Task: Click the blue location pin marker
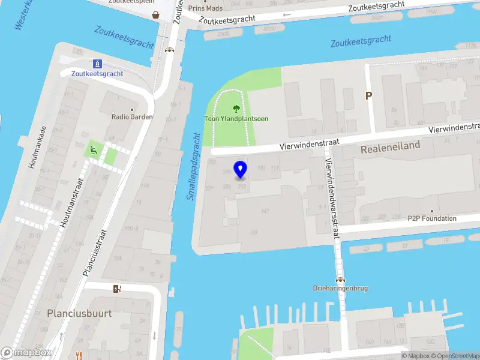click(241, 169)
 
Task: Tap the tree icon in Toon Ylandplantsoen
click(236, 109)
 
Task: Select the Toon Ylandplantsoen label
click(236, 119)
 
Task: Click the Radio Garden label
click(132, 117)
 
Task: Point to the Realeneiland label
click(391, 146)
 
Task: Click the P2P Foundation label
click(432, 219)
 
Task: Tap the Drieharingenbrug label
click(340, 289)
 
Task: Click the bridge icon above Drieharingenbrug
click(340, 279)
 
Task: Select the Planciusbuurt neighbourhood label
click(79, 313)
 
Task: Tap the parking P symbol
click(369, 95)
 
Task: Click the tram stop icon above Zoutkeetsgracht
click(97, 64)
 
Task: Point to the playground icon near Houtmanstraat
click(93, 150)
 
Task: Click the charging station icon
click(117, 289)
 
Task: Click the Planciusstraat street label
click(95, 252)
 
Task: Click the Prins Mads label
click(205, 8)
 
